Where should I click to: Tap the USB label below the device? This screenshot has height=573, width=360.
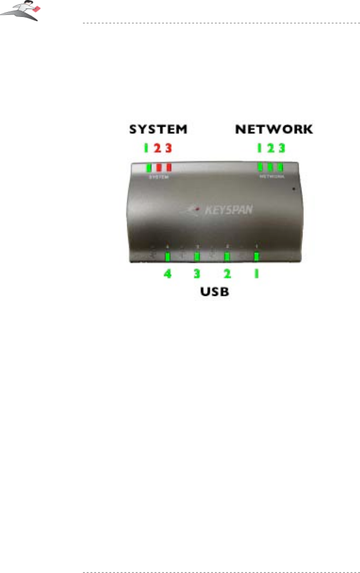tap(212, 292)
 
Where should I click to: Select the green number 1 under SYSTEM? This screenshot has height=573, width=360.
tap(147, 148)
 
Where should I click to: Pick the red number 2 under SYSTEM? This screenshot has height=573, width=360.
tap(157, 148)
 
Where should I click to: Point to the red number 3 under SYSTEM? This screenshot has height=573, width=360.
tap(169, 148)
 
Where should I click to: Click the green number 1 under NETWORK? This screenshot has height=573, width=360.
tap(259, 148)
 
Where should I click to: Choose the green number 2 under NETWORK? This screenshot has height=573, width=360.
tap(270, 148)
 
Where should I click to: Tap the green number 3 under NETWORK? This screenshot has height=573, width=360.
tap(282, 148)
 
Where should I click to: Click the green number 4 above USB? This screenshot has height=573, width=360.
tap(168, 274)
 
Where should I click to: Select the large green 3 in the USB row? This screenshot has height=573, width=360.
tap(197, 274)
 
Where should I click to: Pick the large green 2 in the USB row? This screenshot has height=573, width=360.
tap(227, 274)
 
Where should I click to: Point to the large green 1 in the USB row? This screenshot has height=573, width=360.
tap(257, 274)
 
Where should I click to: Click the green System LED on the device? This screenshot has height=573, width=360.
tap(149, 167)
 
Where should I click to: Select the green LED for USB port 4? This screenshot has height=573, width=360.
tap(168, 257)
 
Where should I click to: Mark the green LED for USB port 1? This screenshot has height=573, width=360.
tap(257, 257)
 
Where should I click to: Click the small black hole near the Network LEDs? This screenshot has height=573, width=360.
tap(294, 188)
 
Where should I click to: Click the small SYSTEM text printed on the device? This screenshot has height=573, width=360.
tap(158, 176)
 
